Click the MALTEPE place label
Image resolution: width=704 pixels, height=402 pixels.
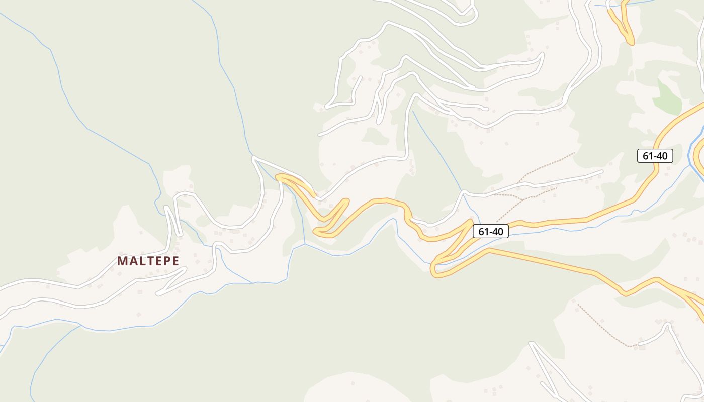coord(148,261)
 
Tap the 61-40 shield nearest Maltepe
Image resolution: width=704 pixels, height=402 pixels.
coord(491,231)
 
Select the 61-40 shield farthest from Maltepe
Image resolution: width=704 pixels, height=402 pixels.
coord(655,156)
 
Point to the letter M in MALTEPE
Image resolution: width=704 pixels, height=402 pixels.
coord(122,261)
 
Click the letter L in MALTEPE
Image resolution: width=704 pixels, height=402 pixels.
coord(141,261)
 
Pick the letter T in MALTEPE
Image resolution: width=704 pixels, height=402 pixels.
coord(149,261)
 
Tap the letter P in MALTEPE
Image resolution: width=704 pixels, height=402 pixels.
coord(166,261)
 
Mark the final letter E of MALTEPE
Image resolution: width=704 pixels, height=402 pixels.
coord(175,261)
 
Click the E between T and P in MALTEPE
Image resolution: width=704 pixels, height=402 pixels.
coord(158,261)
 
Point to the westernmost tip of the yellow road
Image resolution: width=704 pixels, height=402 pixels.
coord(277,176)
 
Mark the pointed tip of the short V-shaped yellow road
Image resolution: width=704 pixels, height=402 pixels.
coord(631,43)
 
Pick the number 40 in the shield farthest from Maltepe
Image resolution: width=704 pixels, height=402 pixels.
coord(661,156)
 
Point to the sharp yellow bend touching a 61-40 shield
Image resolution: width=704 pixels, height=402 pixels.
coord(471,221)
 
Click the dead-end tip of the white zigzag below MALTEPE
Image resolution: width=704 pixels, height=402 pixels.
coord(158,293)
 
